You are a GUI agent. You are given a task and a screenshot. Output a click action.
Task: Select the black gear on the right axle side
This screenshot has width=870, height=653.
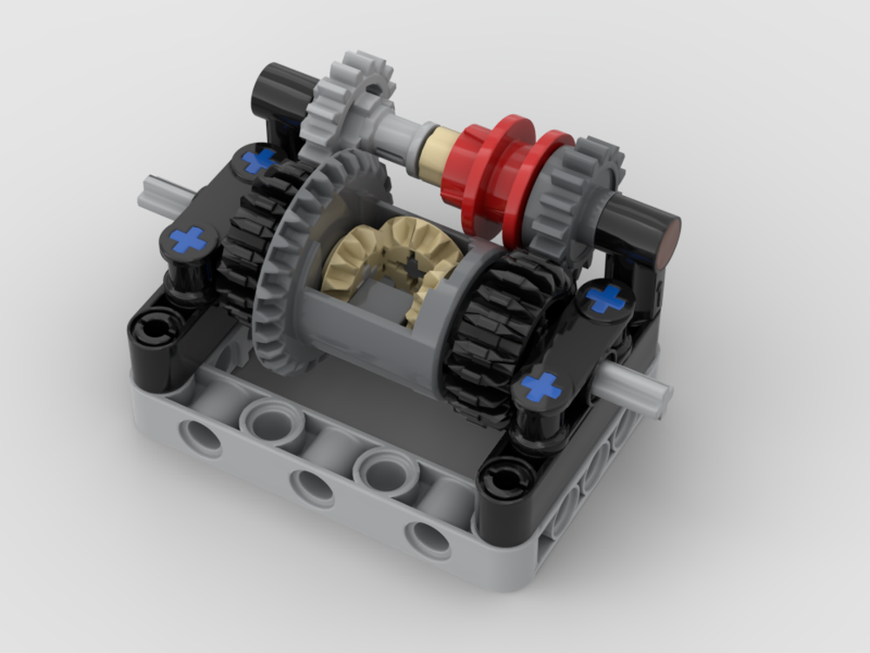[x=496, y=340]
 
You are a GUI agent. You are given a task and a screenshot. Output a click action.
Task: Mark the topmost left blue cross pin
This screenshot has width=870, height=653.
[x=258, y=159]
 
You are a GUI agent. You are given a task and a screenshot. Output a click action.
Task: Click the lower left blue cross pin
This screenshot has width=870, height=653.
[x=188, y=239]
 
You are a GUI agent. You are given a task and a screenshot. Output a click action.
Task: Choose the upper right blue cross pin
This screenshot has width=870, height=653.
[x=606, y=298]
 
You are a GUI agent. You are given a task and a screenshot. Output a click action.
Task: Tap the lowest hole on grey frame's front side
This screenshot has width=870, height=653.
[x=427, y=539]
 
